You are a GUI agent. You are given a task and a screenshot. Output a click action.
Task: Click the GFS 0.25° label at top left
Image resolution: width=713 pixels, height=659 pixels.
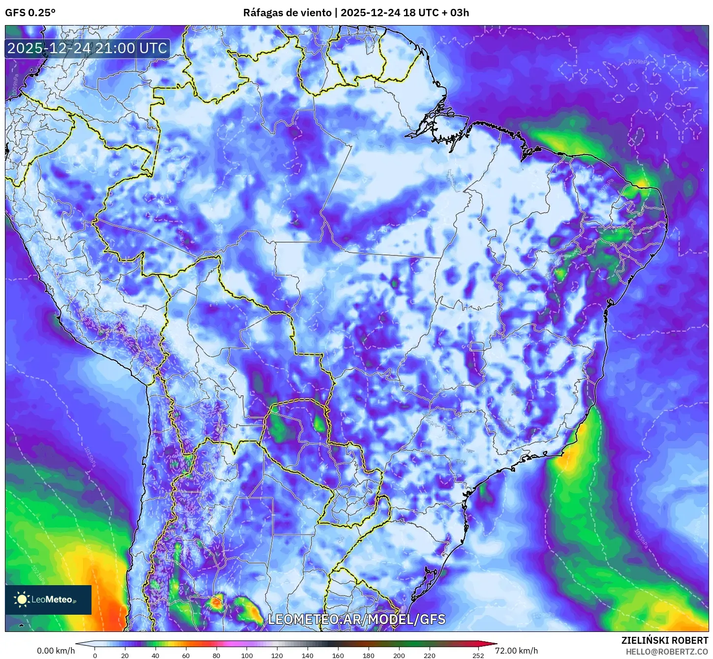30,12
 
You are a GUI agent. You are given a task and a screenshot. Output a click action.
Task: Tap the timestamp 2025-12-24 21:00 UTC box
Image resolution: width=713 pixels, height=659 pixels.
88,48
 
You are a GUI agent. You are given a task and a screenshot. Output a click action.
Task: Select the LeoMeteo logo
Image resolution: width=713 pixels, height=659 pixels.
48,599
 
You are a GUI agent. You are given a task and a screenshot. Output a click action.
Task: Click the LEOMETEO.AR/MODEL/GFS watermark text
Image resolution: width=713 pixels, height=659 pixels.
356,619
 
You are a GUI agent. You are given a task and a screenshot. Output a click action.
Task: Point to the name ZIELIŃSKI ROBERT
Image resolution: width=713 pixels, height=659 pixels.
664,640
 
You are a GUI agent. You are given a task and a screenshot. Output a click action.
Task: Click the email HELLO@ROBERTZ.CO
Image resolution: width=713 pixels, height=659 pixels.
667,652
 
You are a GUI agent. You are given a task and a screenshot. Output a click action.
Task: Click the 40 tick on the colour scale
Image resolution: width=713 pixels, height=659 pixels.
155,655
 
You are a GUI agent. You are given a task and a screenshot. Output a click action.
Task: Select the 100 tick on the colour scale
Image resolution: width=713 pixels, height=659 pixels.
247,655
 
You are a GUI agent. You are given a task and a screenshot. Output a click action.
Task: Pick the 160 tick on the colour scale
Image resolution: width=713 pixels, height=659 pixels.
338,655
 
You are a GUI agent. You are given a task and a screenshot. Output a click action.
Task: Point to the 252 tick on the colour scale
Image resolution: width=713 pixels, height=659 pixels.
478,655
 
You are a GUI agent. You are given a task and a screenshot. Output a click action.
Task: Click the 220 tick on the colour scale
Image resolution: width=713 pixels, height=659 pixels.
430,655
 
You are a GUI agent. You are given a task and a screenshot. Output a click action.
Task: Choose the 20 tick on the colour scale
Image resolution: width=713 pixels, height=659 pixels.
125,655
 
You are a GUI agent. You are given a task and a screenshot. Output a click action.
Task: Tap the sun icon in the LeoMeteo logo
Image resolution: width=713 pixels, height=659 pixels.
22,599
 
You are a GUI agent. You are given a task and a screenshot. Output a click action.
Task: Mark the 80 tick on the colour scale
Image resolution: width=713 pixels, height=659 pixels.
217,655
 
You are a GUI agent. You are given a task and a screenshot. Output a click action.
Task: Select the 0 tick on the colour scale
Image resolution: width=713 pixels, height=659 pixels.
95,655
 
